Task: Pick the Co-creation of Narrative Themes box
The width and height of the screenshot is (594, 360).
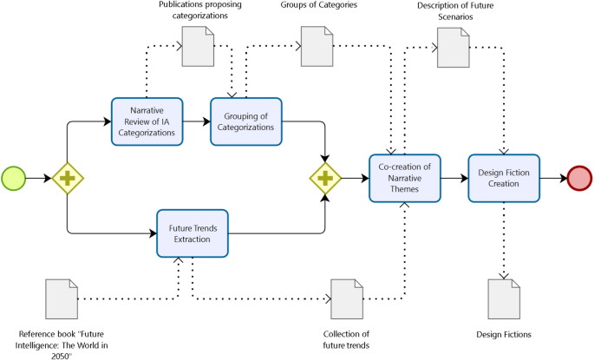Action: (405, 178)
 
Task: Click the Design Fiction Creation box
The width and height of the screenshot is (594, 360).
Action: (504, 178)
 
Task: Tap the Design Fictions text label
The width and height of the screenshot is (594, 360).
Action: (504, 334)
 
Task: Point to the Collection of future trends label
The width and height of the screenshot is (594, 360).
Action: (346, 339)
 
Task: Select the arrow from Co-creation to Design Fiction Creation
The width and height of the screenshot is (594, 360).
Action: (452, 178)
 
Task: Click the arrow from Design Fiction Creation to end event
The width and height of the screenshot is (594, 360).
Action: (553, 178)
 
